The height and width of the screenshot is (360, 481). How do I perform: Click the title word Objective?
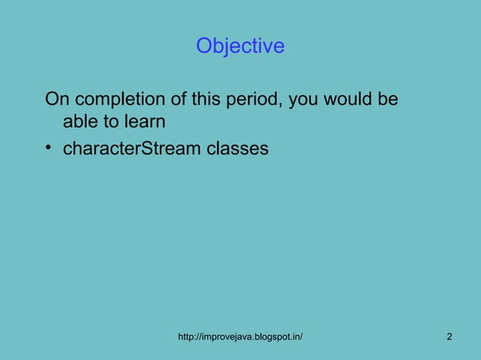(240, 47)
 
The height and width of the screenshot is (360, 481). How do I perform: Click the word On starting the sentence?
(57, 99)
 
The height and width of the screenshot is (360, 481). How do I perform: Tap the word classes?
(240, 148)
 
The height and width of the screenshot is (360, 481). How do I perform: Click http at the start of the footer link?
(186, 336)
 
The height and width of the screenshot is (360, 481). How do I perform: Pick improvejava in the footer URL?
(228, 336)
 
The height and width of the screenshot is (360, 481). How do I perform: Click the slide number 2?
(449, 336)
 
